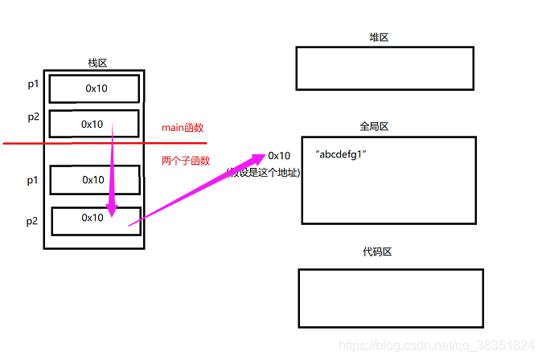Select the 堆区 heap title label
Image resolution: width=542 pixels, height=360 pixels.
point(379,38)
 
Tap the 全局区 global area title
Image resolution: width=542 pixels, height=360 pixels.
point(375,126)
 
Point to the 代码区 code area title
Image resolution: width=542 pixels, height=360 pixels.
point(377,252)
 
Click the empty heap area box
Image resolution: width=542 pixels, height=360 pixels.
point(384,68)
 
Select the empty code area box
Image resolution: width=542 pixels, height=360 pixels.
point(390,298)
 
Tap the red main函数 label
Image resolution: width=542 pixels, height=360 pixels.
point(183,127)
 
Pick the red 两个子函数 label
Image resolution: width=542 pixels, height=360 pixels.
point(186,161)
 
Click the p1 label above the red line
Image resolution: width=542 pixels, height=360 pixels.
point(32,83)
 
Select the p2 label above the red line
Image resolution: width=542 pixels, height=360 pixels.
point(32,117)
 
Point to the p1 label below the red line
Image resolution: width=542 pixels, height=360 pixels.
point(32,181)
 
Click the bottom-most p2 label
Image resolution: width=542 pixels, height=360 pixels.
point(32,221)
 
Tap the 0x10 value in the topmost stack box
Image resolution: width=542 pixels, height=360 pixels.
point(96,88)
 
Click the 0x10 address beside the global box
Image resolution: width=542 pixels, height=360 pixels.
point(280,155)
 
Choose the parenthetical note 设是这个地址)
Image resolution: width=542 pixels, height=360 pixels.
point(262,171)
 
